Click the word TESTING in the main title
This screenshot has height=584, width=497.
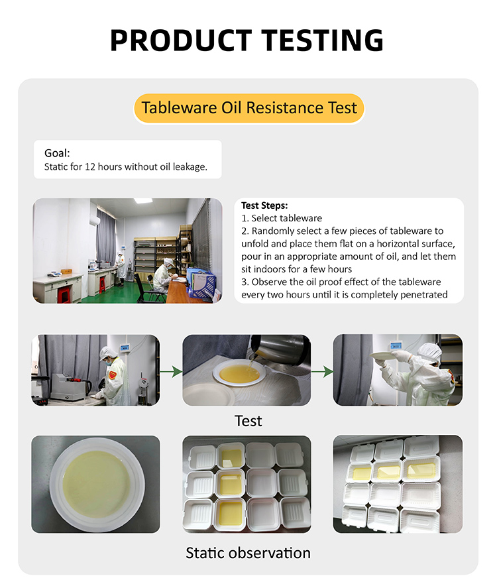pyautogui.click(x=323, y=40)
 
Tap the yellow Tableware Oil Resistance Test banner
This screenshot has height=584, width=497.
pyautogui.click(x=248, y=108)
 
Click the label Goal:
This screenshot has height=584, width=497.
pyautogui.click(x=57, y=153)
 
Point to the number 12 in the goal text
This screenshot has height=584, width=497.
pyautogui.click(x=90, y=166)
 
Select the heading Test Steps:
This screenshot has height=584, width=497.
pyautogui.click(x=264, y=205)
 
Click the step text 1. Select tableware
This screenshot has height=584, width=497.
pyautogui.click(x=282, y=218)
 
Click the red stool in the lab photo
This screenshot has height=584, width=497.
pyautogui.click(x=64, y=295)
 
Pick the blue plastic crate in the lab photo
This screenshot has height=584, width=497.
pyautogui.click(x=201, y=283)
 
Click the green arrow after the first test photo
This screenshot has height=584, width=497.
pyautogui.click(x=171, y=371)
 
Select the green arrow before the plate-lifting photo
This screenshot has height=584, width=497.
pyautogui.click(x=323, y=371)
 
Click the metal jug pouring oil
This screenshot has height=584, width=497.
pyautogui.click(x=279, y=350)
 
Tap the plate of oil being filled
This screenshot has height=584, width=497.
pyautogui.click(x=239, y=374)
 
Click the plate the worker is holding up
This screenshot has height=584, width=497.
pyautogui.click(x=384, y=356)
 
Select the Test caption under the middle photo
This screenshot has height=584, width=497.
pyautogui.click(x=248, y=421)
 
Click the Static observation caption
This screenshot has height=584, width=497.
pyautogui.click(x=248, y=553)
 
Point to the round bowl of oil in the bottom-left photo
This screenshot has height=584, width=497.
pyautogui.click(x=97, y=485)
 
